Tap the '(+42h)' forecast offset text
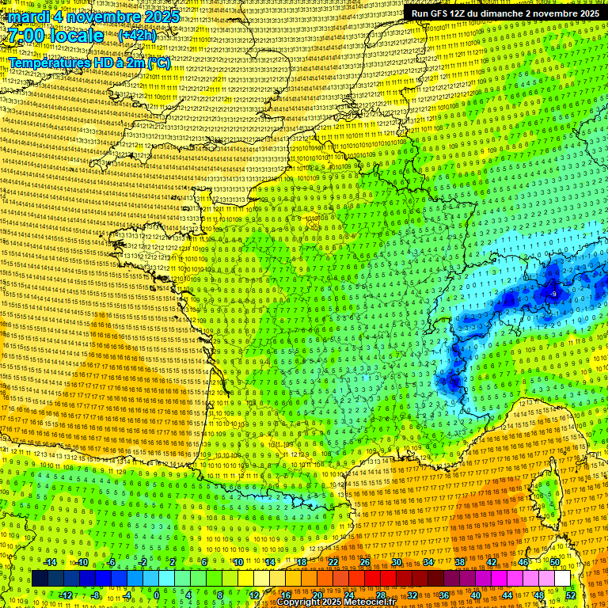[x=137, y=36]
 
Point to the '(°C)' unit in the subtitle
[x=158, y=63]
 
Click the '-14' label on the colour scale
[x=50, y=562]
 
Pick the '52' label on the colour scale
[x=571, y=595]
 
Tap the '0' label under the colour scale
[x=157, y=595]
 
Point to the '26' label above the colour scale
[x=365, y=562]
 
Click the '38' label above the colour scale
[x=460, y=562]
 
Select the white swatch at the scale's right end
[x=562, y=579]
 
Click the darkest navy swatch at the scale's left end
[x=40, y=579]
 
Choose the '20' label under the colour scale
[x=317, y=595]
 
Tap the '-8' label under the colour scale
[x=96, y=595]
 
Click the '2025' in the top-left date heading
[x=156, y=17]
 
